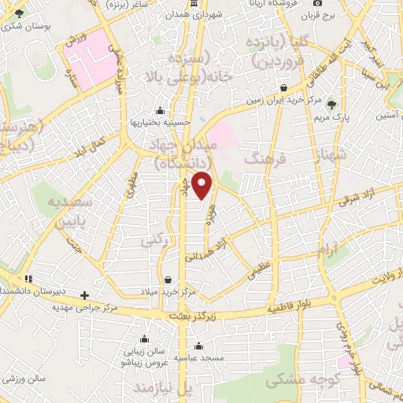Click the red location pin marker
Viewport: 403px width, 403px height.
pos(203,185)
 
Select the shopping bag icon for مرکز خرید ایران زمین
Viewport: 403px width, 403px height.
pos(294,88)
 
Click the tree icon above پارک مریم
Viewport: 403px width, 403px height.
pos(331,104)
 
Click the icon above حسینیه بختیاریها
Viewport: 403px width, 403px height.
pos(161,110)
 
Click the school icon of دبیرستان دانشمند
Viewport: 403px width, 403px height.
pos(29,279)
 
